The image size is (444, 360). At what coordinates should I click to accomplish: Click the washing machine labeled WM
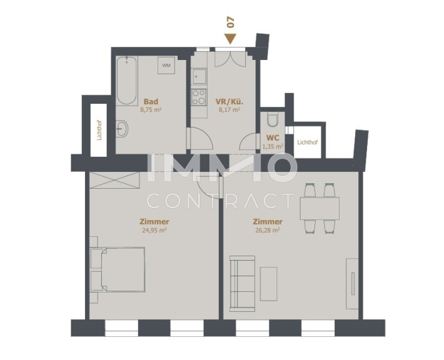(166, 66)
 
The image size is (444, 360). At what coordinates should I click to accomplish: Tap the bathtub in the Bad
(127, 81)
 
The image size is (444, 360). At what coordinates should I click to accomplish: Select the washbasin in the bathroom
(122, 129)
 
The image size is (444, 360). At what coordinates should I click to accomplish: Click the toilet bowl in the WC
(273, 119)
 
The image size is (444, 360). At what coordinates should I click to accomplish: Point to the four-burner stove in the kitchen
(199, 97)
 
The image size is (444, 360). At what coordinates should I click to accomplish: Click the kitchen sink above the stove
(199, 76)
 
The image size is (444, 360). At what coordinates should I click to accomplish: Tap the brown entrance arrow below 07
(230, 39)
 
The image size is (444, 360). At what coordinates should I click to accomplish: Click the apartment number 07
(231, 22)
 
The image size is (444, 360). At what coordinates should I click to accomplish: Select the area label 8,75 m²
(151, 110)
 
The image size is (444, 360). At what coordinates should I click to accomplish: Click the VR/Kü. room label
(230, 102)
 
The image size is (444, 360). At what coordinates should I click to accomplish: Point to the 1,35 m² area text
(273, 146)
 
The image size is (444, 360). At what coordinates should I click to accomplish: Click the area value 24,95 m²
(154, 230)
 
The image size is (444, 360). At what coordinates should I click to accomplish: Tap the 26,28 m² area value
(268, 230)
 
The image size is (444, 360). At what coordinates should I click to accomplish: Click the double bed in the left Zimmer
(118, 269)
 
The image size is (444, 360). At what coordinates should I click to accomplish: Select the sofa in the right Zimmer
(243, 284)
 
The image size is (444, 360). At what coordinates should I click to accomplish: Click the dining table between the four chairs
(320, 208)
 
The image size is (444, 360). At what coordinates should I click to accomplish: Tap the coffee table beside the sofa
(269, 284)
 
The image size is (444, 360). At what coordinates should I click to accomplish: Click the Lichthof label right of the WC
(308, 142)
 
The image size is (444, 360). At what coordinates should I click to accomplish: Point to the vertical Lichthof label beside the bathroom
(99, 130)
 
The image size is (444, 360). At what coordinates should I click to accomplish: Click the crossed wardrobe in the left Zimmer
(114, 180)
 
